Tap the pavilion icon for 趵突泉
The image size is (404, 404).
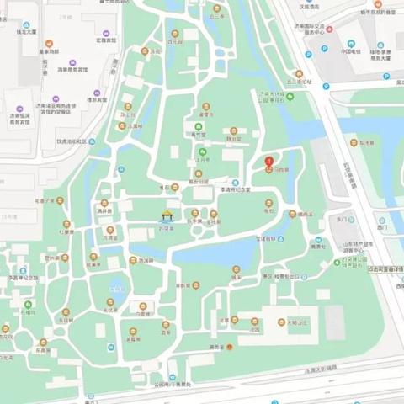point(167,215)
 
